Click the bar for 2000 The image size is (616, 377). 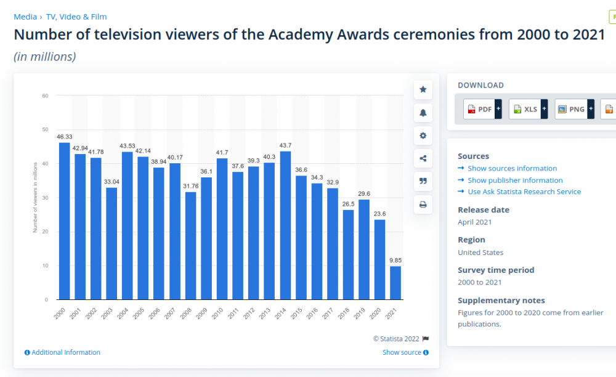[x=64, y=221]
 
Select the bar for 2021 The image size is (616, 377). [x=395, y=283]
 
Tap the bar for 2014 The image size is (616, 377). [x=285, y=225]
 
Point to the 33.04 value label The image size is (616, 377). [x=111, y=182]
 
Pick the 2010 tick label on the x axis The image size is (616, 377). [x=217, y=313]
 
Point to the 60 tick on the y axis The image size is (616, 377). [x=45, y=95]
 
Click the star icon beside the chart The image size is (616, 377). [x=423, y=89]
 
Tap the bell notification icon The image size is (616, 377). [x=423, y=113]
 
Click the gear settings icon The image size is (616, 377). [x=423, y=136]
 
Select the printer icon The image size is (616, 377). [x=423, y=205]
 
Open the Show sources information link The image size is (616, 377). [x=512, y=168]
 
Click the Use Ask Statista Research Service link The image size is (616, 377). [x=524, y=192]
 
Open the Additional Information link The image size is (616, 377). [x=65, y=352]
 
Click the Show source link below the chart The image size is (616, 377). [x=402, y=352]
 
